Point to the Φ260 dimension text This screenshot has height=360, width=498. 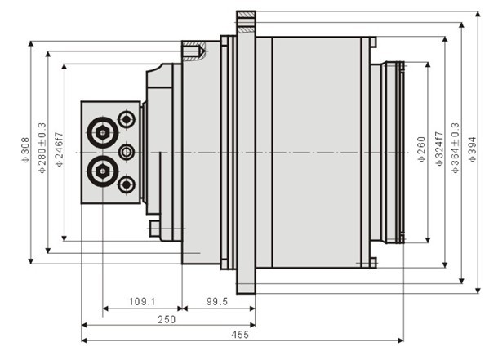pyautogui.click(x=421, y=149)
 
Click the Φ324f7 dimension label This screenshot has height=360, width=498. pyautogui.click(x=438, y=149)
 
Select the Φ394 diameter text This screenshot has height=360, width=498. pyautogui.click(x=471, y=149)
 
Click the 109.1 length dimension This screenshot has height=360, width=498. pyautogui.click(x=143, y=302)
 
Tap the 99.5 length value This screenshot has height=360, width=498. pyautogui.click(x=216, y=302)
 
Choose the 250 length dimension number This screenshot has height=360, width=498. pyautogui.click(x=166, y=320)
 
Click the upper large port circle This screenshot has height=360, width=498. pyautogui.click(x=103, y=133)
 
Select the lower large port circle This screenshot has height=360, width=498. pyautogui.click(x=103, y=171)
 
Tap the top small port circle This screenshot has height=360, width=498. pyautogui.click(x=126, y=121)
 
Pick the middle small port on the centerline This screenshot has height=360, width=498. pyautogui.click(x=126, y=152)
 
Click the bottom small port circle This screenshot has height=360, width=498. pyautogui.click(x=126, y=184)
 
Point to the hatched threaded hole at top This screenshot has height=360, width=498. pyautogui.click(x=197, y=51)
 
